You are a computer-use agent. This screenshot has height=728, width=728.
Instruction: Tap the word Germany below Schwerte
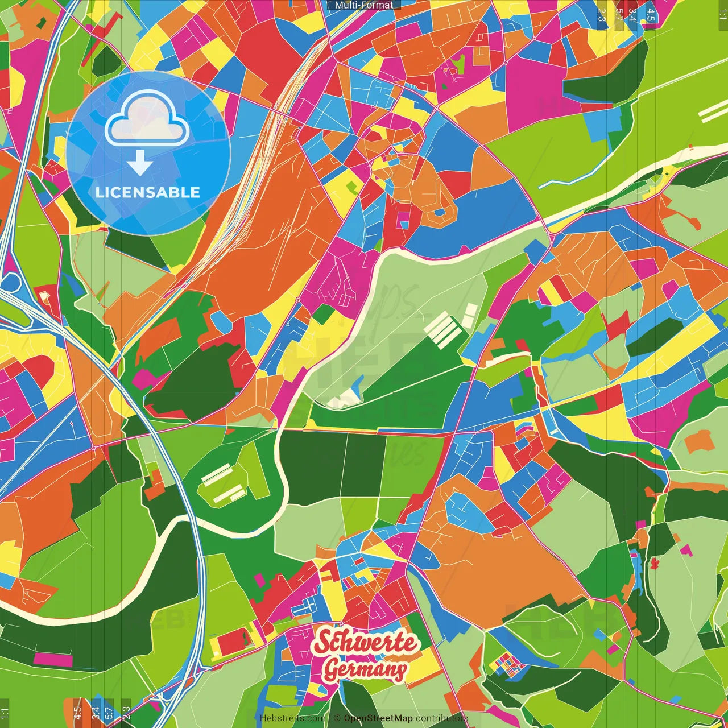tap(365, 669)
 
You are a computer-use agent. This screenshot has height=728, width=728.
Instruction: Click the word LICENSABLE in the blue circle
tap(148, 192)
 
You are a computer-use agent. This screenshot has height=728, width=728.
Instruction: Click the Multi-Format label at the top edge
tap(364, 5)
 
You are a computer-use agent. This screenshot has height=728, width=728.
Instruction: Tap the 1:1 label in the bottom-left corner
tap(5, 713)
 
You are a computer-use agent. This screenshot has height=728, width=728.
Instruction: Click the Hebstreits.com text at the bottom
tap(292, 718)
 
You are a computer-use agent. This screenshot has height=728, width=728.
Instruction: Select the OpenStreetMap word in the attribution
tap(378, 718)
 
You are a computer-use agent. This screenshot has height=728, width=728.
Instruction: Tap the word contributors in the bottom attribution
tap(441, 718)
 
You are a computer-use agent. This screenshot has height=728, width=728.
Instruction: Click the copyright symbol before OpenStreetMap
tap(337, 718)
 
